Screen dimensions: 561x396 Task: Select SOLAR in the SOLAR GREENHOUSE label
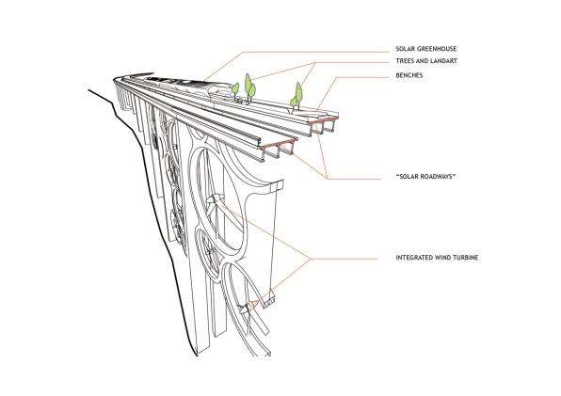[x=404, y=49]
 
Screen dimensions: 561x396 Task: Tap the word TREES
[x=404, y=61]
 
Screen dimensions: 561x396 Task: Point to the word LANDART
[x=443, y=61]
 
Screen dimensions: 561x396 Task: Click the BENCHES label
[x=409, y=75]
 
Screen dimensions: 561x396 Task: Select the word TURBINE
[x=466, y=258]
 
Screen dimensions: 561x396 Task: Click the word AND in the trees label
[x=421, y=61]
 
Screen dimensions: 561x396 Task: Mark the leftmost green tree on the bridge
[x=235, y=89]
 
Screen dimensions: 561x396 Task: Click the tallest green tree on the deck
[x=249, y=87]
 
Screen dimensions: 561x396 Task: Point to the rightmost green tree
[x=297, y=95]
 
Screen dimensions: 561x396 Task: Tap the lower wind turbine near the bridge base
[x=248, y=308]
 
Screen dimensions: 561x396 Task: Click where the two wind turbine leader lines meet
[x=311, y=259]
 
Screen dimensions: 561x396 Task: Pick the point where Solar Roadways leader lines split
[x=328, y=179]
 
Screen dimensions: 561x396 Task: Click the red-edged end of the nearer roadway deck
[x=279, y=143]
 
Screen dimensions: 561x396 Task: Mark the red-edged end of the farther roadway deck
[x=324, y=119]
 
